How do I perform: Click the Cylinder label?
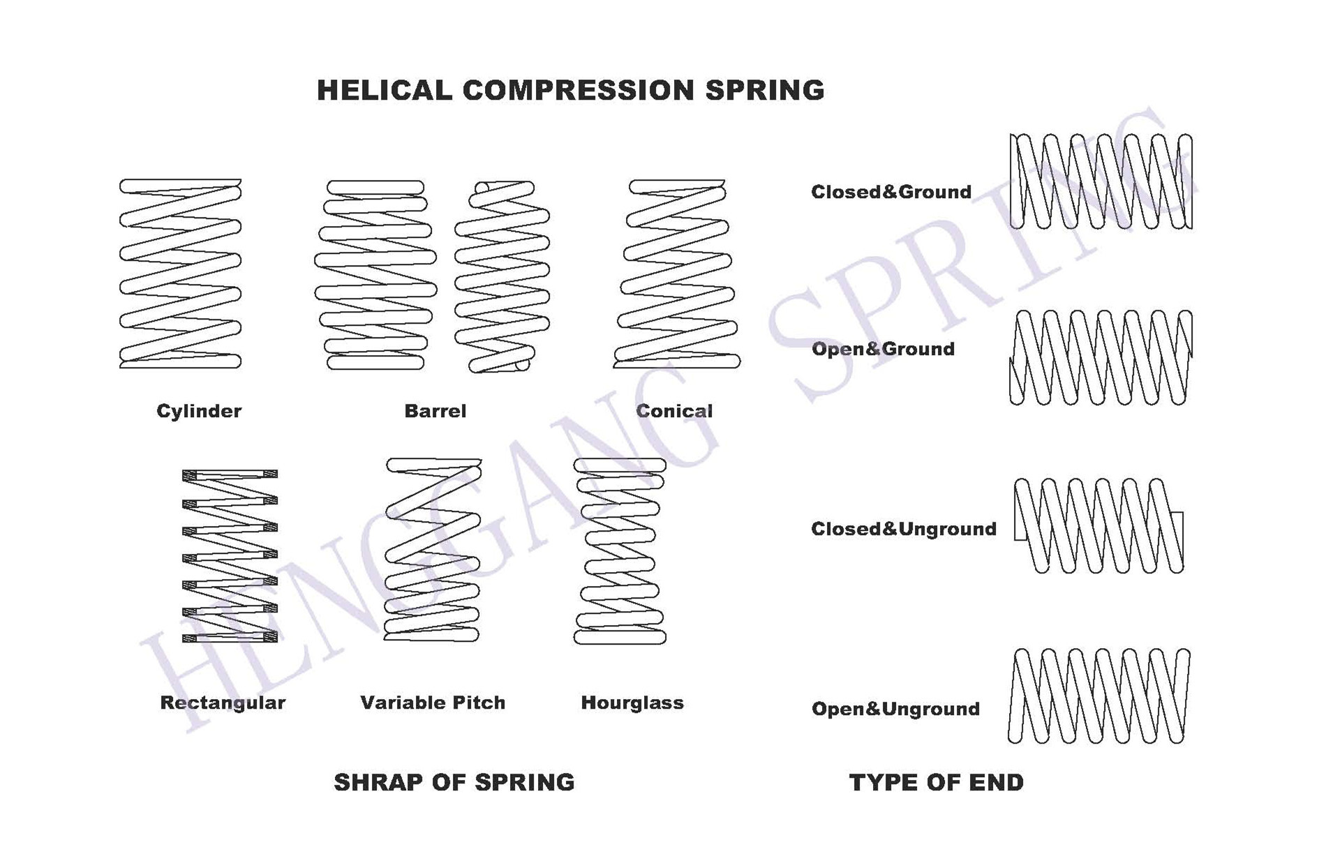coord(199,411)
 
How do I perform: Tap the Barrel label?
coord(435,411)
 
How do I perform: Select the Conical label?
coord(674,411)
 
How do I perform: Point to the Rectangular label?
coord(223,703)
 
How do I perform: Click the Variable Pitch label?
coord(433,703)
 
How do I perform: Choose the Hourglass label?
coord(632,703)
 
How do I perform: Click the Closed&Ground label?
coord(891,192)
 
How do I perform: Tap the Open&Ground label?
coord(883,349)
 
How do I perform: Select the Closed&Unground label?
coord(904,529)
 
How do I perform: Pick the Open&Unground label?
coord(895,709)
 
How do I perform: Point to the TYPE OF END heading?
coord(936,782)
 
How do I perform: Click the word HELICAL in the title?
coord(384,90)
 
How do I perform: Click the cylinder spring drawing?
coord(180,273)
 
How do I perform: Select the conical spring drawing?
coord(676,273)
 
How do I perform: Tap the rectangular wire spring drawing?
coord(230,555)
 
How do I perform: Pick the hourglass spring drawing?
coord(619,551)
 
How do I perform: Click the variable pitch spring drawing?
coord(433,550)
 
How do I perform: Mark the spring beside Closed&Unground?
coord(1098,525)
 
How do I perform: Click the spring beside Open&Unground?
coord(1098,696)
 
